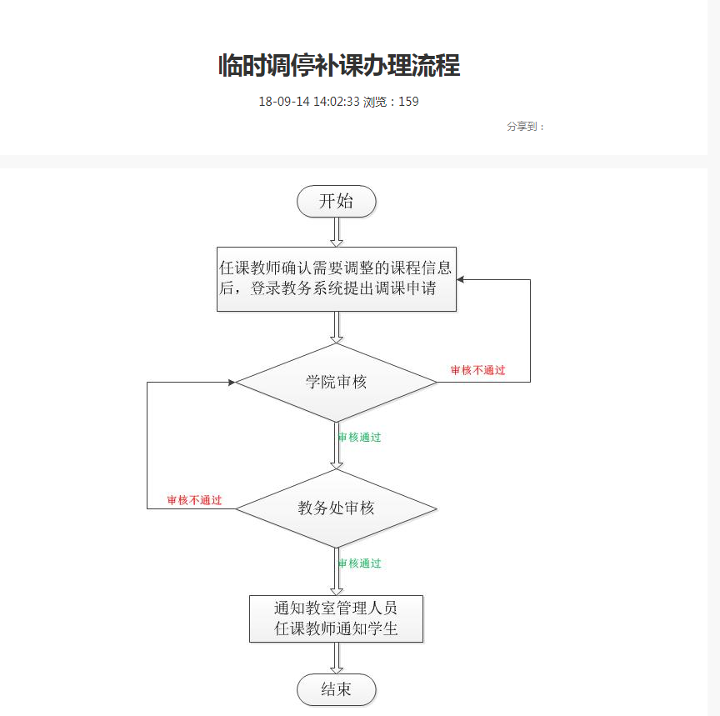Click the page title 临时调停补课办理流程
[338, 65]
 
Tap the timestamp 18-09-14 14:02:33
[308, 102]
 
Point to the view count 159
[408, 102]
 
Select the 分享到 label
[525, 127]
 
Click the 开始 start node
[337, 202]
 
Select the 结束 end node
[337, 689]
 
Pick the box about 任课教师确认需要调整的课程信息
[337, 279]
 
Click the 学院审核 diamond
[337, 383]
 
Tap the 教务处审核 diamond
[337, 508]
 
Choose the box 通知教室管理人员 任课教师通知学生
[337, 618]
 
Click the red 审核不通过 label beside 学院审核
[477, 370]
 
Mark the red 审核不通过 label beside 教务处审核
[194, 500]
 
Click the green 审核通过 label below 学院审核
[360, 437]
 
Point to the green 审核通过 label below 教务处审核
[360, 563]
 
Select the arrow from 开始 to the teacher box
[337, 232]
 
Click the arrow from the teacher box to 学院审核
[337, 327]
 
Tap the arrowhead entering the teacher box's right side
[461, 279]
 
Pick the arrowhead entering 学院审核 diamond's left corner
[231, 383]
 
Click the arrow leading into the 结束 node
[337, 658]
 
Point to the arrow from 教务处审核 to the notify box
[337, 572]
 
